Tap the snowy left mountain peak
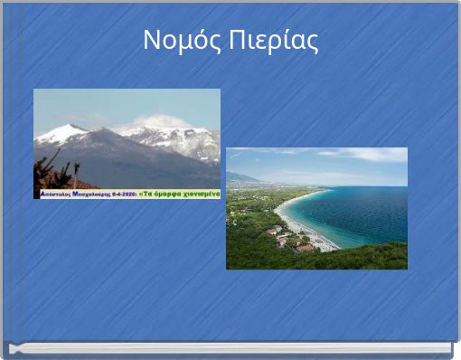point(62,132)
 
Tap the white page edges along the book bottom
point(230,348)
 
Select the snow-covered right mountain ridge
point(181,140)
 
